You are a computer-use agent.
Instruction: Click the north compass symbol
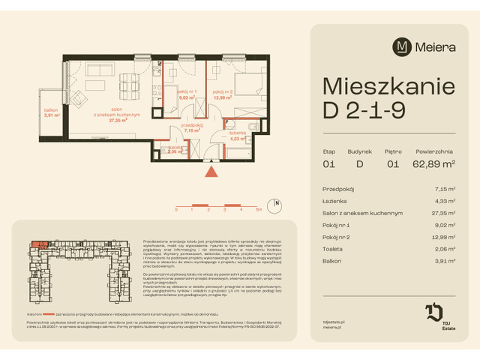click(277, 203)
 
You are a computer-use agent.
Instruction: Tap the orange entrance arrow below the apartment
click(212, 172)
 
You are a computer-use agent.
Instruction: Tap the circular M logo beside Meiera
click(403, 46)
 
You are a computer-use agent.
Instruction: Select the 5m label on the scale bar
click(258, 211)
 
